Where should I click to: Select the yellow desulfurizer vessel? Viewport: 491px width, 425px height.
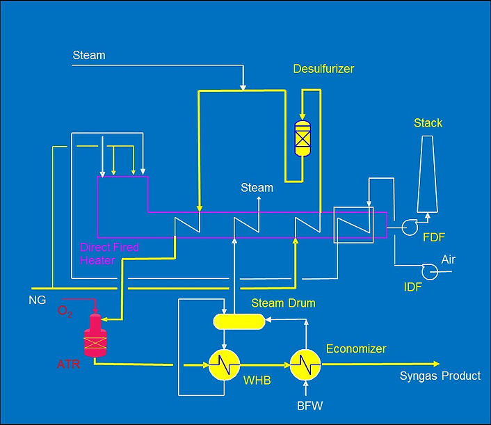coord(303,138)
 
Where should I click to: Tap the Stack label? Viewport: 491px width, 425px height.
coord(428,123)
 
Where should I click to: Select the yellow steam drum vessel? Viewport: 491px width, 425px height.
coord(239,321)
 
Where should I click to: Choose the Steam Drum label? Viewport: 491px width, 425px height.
coord(283,303)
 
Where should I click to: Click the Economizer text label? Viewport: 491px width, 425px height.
coord(355,348)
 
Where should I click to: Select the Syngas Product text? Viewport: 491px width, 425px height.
coord(440,376)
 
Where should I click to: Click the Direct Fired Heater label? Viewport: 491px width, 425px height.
coord(109,253)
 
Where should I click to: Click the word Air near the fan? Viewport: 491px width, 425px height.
coord(449,259)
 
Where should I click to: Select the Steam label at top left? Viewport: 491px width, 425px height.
coord(89,55)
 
